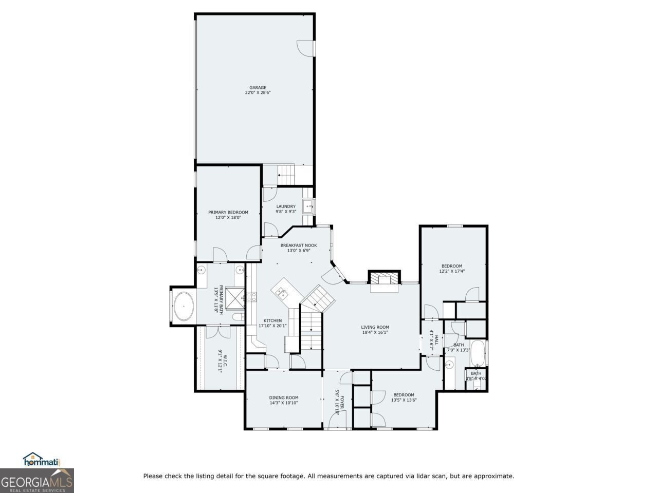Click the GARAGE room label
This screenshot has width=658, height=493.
click(258, 87)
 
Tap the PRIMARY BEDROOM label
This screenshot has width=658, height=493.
click(228, 212)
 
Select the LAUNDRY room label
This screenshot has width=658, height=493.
click(286, 206)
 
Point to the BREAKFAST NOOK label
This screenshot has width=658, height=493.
click(298, 245)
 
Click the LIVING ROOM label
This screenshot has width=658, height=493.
click(375, 327)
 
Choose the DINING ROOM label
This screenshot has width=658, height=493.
click(284, 397)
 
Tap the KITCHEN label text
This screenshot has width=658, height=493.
click(272, 320)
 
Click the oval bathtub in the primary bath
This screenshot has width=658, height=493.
click(183, 306)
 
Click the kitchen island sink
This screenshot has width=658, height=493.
click(282, 293)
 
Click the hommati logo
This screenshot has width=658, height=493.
click(42, 460)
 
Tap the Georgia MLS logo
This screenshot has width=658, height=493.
click(36, 481)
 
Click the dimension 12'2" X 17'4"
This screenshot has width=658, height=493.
click(452, 271)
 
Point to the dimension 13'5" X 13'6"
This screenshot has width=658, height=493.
click(404, 400)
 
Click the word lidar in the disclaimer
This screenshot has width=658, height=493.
click(421, 476)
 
